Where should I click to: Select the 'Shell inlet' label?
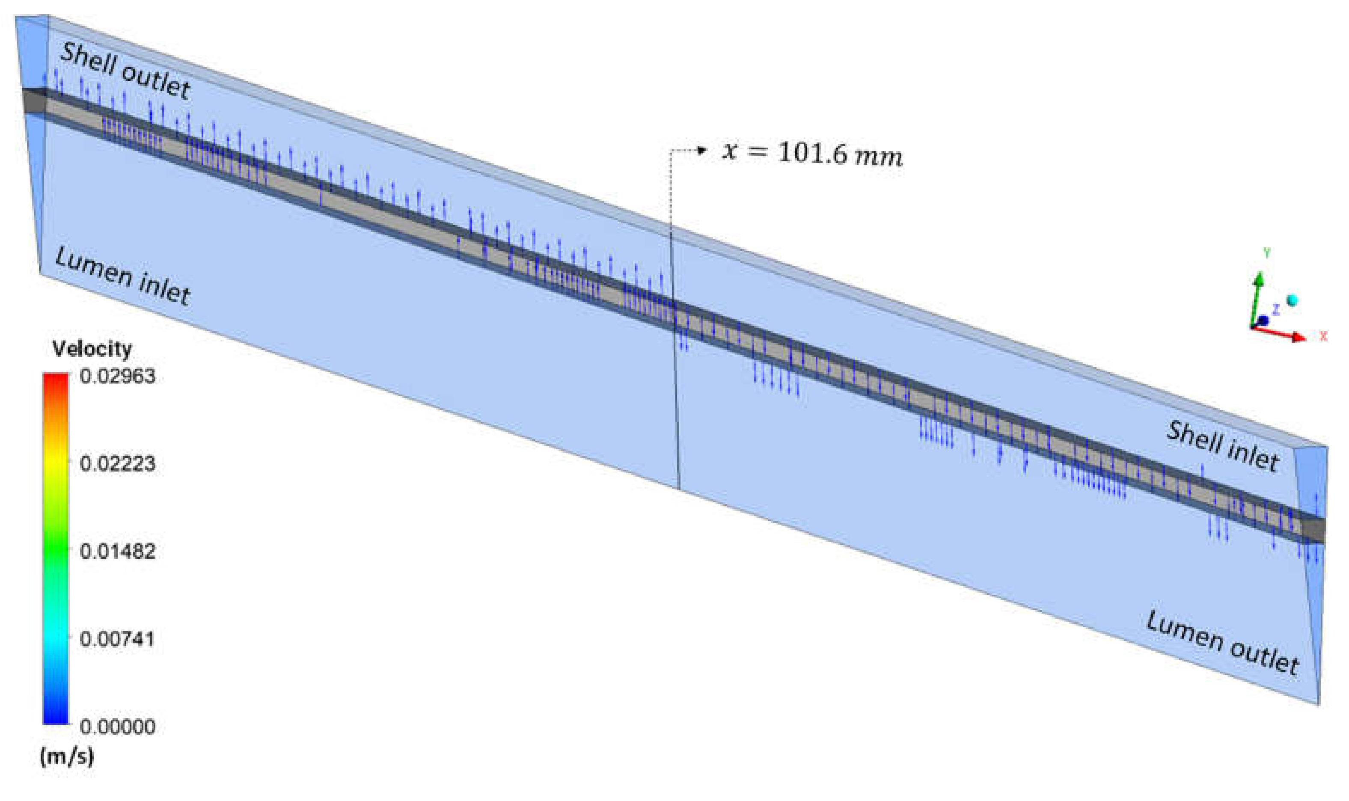(x=1222, y=446)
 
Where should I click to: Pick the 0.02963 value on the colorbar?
(x=118, y=376)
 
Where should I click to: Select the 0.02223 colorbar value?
(x=118, y=463)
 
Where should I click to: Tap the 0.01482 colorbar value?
(x=118, y=551)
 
